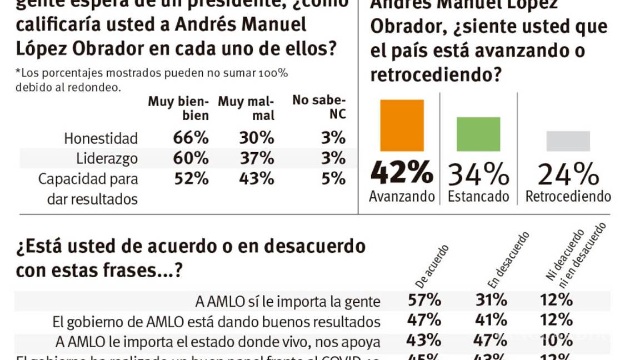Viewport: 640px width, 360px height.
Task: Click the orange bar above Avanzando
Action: pyautogui.click(x=402, y=125)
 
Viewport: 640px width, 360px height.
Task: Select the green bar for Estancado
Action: pyautogui.click(x=478, y=134)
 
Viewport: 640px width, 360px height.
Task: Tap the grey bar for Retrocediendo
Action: pyautogui.click(x=568, y=141)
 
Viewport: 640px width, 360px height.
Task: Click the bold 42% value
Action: pyautogui.click(x=402, y=173)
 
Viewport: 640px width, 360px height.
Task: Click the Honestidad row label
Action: pyautogui.click(x=101, y=138)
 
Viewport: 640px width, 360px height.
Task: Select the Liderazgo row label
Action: pyautogui.click(x=107, y=159)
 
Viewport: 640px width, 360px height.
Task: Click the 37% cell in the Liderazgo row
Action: pyautogui.click(x=256, y=158)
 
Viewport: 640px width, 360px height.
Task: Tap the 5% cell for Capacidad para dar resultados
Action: pyautogui.click(x=333, y=179)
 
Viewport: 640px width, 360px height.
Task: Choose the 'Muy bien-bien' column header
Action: pyautogui.click(x=178, y=108)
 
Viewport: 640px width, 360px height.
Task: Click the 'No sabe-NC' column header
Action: pyautogui.click(x=319, y=108)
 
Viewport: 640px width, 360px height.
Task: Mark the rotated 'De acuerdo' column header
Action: pyautogui.click(x=427, y=260)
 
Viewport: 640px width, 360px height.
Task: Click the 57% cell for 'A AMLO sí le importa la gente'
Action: pyautogui.click(x=425, y=301)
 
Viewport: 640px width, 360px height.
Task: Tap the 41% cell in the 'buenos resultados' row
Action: pyautogui.click(x=491, y=320)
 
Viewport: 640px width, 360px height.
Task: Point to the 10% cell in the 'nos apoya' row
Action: pyautogui.click(x=556, y=339)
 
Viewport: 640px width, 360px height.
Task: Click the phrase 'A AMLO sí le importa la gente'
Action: pyautogui.click(x=288, y=302)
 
